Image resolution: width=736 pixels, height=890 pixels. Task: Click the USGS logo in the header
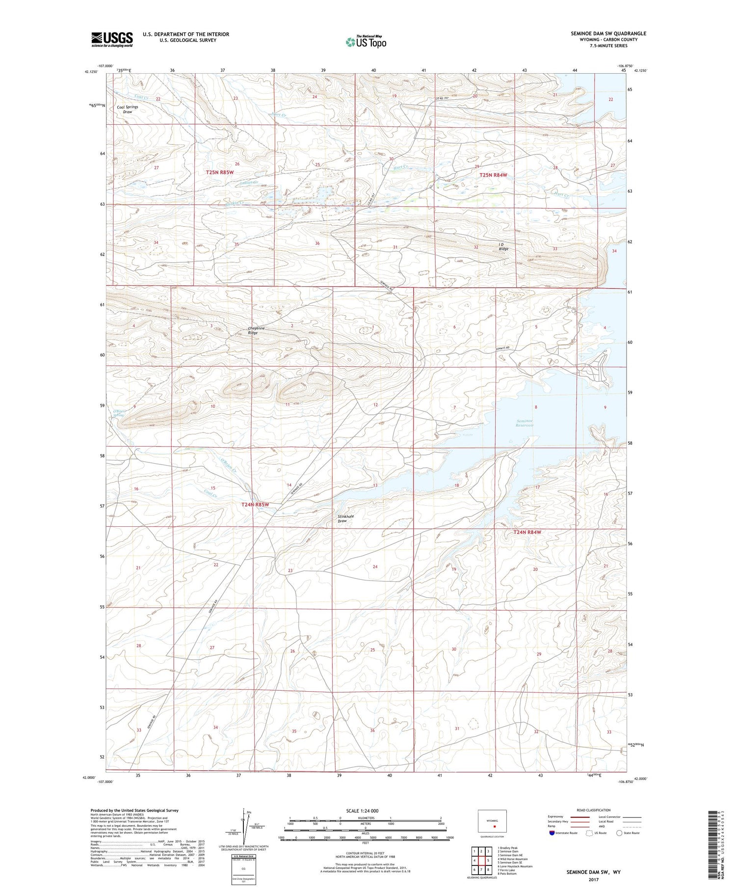(x=112, y=39)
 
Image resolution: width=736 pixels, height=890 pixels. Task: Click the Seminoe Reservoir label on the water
(x=525, y=423)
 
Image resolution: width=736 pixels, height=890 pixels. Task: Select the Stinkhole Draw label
(x=345, y=518)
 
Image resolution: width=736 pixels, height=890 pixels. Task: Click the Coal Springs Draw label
(x=127, y=109)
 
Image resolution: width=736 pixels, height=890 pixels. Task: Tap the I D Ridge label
(x=503, y=246)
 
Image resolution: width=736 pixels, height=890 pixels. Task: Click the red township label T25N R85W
(x=220, y=172)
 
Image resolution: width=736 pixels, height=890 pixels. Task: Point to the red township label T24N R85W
(x=255, y=504)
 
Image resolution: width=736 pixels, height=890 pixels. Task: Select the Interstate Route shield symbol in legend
(x=552, y=833)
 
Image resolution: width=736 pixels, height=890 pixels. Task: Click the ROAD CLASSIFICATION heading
(x=593, y=810)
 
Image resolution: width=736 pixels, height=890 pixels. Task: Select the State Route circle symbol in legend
(x=620, y=833)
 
